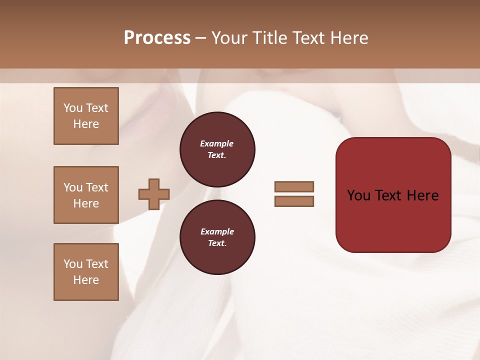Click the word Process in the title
[x=157, y=38]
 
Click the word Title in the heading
[x=269, y=38]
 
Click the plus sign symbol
[x=154, y=194]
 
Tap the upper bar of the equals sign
[x=294, y=186]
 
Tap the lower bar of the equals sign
[x=294, y=201]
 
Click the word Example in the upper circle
[x=217, y=143]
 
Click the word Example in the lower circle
[x=217, y=231]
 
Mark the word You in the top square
[x=73, y=108]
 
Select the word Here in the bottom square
[x=86, y=280]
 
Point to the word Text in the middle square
[x=97, y=187]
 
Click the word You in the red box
[x=359, y=195]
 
